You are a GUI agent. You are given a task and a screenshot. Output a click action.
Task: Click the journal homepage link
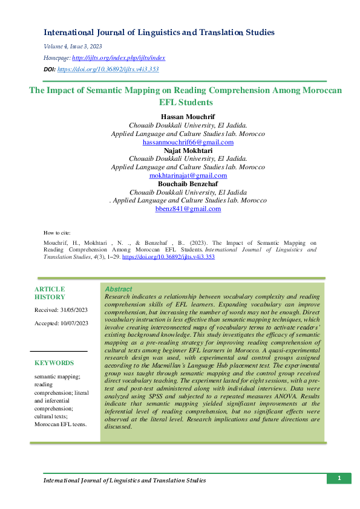coord(119,58)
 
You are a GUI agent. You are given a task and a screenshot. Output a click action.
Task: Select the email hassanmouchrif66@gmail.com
coord(188,142)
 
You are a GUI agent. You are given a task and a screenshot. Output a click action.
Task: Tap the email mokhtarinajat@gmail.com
coord(188,175)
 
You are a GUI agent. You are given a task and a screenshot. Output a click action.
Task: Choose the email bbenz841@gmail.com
coord(188,209)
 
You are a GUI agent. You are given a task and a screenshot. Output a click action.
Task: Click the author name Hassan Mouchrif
coord(188,116)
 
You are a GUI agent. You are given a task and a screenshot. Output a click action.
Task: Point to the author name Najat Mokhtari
coord(188,150)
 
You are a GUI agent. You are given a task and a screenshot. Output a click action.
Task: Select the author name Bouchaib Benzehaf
coord(188,183)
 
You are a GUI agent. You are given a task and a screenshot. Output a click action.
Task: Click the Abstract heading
coord(119,290)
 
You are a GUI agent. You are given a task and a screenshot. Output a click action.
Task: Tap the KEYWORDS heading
coord(54,363)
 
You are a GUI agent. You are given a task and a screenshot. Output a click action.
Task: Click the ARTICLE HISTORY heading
coord(50,293)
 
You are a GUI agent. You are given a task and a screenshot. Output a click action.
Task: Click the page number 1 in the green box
coord(339,479)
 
